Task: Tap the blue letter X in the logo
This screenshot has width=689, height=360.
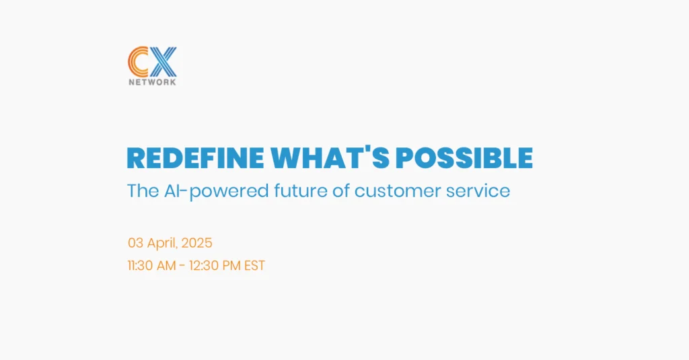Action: (162, 62)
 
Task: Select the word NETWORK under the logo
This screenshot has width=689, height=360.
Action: (153, 82)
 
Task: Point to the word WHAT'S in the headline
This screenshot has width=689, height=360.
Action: (330, 157)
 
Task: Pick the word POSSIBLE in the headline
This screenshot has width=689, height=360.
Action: (464, 158)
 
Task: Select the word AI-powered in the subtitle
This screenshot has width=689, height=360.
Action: (216, 192)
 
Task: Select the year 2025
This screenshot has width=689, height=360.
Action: (197, 243)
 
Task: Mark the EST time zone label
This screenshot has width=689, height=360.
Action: (255, 266)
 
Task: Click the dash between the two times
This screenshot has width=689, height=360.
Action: (182, 266)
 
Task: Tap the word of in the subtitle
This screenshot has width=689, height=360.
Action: (341, 191)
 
